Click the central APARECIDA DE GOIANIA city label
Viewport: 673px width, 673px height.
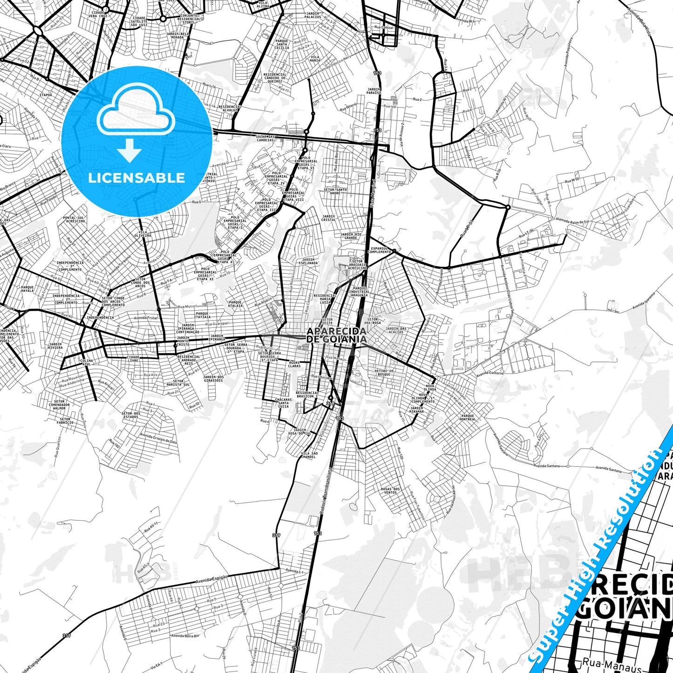coord(336,335)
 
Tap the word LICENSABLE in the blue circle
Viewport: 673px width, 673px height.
coord(136,177)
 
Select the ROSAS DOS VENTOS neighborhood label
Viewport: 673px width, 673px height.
coord(390,490)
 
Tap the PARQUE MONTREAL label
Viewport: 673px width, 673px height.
coord(468,417)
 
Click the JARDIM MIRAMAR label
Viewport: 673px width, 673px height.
coord(417,409)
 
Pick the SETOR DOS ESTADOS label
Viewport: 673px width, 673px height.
coord(130,415)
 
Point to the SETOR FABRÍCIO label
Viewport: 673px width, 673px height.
coord(65,421)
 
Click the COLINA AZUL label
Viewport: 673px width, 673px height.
coord(86,362)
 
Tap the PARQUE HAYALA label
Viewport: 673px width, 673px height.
coord(27,289)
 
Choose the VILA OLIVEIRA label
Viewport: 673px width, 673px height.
coord(143,233)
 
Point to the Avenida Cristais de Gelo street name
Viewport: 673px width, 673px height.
coord(158,438)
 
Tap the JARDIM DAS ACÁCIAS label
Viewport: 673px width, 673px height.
coord(396,330)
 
